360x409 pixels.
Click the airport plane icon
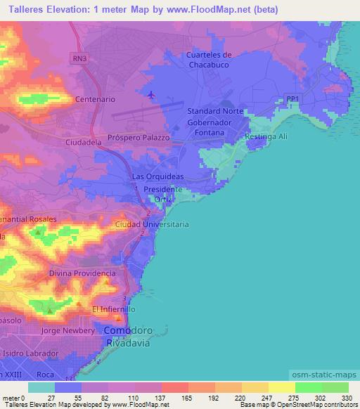point(150,94)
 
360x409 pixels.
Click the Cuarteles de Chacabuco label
point(208,60)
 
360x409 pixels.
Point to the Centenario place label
point(89,100)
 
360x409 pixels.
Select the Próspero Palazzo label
point(139,138)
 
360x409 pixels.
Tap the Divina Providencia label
point(82,273)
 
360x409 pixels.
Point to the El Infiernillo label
point(113,309)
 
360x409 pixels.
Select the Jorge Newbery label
point(67,330)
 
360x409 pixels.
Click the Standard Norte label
point(215,112)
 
